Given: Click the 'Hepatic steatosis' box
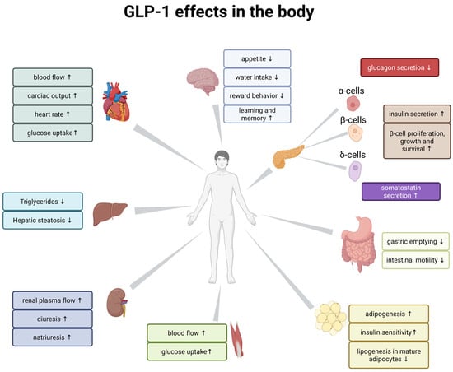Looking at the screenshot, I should (x=42, y=220).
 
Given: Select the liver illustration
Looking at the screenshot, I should (x=109, y=214).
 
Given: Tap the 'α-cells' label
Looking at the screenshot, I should (x=352, y=90).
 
